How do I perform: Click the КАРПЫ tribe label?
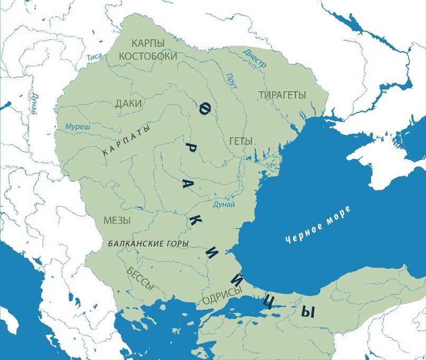148,43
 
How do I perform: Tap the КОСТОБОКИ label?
148,55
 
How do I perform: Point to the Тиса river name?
94,58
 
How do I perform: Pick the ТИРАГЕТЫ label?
282,95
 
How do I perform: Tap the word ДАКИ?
128,104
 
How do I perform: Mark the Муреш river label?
77,127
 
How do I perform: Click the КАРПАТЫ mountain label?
127,140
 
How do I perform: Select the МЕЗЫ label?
118,220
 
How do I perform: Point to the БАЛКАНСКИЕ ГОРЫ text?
148,244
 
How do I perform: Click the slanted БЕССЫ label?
140,279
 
